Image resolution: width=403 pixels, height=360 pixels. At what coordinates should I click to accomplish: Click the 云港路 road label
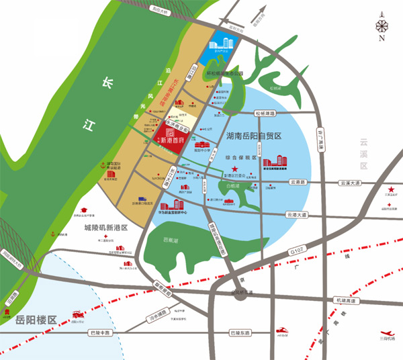(298, 182)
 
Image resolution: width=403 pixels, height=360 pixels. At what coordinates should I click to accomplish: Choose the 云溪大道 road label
(350, 183)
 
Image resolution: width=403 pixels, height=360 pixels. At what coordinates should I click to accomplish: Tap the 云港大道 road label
(296, 215)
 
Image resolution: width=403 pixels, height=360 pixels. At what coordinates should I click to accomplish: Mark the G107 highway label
(297, 251)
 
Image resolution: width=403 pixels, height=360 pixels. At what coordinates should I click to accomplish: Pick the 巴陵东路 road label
(239, 333)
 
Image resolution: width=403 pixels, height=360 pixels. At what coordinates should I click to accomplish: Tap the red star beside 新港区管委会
(234, 168)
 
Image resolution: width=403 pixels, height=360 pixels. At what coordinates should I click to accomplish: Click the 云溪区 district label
(365, 152)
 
